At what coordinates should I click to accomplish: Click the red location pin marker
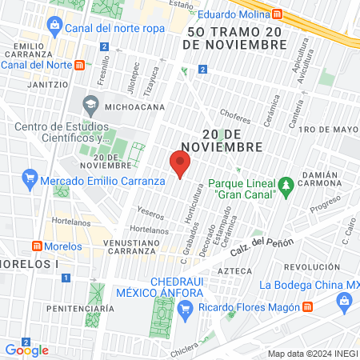click(x=181, y=164)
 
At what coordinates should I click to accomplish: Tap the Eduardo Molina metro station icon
click(x=277, y=14)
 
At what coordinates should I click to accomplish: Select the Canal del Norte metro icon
click(x=78, y=66)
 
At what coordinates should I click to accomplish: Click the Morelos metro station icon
click(x=36, y=246)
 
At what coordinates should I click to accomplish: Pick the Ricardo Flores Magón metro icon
click(x=307, y=307)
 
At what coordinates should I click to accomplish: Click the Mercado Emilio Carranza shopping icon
click(x=30, y=176)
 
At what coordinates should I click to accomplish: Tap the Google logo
click(x=26, y=350)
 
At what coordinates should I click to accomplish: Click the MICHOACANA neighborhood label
click(x=135, y=106)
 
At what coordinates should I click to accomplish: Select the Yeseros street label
click(x=150, y=214)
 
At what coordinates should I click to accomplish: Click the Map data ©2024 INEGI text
click(x=312, y=354)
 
